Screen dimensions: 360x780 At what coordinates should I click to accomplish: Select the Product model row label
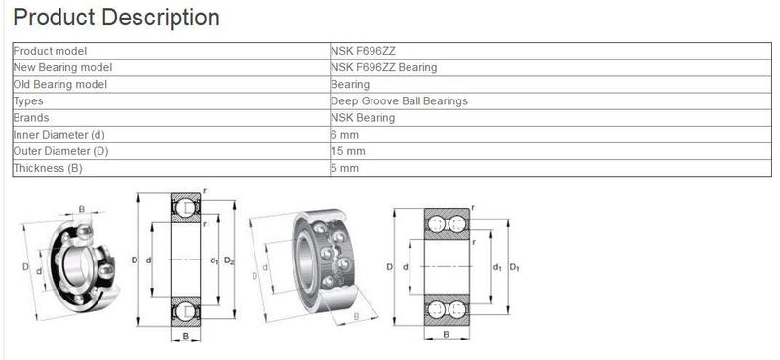[x=51, y=51]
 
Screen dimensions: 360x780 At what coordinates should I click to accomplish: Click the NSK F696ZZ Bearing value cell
[x=384, y=67]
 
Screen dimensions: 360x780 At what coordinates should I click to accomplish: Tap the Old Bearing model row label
[x=59, y=84]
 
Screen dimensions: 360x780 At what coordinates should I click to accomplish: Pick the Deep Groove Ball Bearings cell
[x=400, y=100]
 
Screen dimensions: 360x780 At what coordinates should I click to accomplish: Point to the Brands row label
[x=31, y=117]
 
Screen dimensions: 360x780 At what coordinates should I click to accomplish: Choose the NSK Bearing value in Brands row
[x=364, y=117]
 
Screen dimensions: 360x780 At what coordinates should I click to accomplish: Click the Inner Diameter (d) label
[x=58, y=134]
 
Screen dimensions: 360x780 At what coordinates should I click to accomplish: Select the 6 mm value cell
[x=346, y=134]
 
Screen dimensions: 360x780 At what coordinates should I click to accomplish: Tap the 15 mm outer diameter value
[x=349, y=151]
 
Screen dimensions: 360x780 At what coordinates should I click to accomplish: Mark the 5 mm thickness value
[x=346, y=168]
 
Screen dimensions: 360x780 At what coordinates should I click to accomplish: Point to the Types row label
[x=28, y=100]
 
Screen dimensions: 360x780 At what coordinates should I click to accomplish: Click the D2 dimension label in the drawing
[x=230, y=260]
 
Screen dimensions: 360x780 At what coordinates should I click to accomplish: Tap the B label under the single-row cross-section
[x=185, y=338]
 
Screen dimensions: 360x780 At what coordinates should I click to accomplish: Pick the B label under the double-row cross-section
[x=447, y=335]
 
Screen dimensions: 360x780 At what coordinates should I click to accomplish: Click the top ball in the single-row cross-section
[x=185, y=207]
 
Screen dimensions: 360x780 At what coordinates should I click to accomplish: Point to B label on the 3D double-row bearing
[x=357, y=318]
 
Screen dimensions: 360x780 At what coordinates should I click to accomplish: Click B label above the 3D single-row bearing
[x=81, y=208]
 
